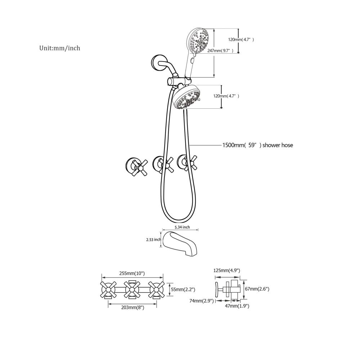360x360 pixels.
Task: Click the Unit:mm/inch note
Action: pyautogui.click(x=60, y=48)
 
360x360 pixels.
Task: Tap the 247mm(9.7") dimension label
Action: pyautogui.click(x=220, y=51)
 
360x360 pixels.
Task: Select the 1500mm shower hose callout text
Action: pyautogui.click(x=258, y=145)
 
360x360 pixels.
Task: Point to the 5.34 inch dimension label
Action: pyautogui.click(x=182, y=227)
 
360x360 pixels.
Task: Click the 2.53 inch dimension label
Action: pyautogui.click(x=154, y=240)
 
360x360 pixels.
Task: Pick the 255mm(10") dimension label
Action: pyautogui.click(x=132, y=273)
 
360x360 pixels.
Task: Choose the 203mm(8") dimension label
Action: pyautogui.click(x=133, y=308)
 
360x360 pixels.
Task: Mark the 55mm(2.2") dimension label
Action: pyautogui.click(x=183, y=289)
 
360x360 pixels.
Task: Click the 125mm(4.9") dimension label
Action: pyautogui.click(x=227, y=270)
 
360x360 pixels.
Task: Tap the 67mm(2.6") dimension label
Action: pyautogui.click(x=257, y=289)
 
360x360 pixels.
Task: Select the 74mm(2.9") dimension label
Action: pyautogui.click(x=202, y=301)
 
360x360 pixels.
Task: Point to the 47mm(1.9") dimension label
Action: pyautogui.click(x=237, y=306)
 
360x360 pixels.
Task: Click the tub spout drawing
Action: pyautogui.click(x=180, y=244)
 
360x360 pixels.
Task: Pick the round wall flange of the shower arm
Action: pyautogui.click(x=157, y=62)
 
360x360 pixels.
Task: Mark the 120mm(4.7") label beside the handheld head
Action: pyautogui.click(x=241, y=40)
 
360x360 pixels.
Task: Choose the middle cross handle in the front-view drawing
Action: pyautogui.click(x=132, y=290)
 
